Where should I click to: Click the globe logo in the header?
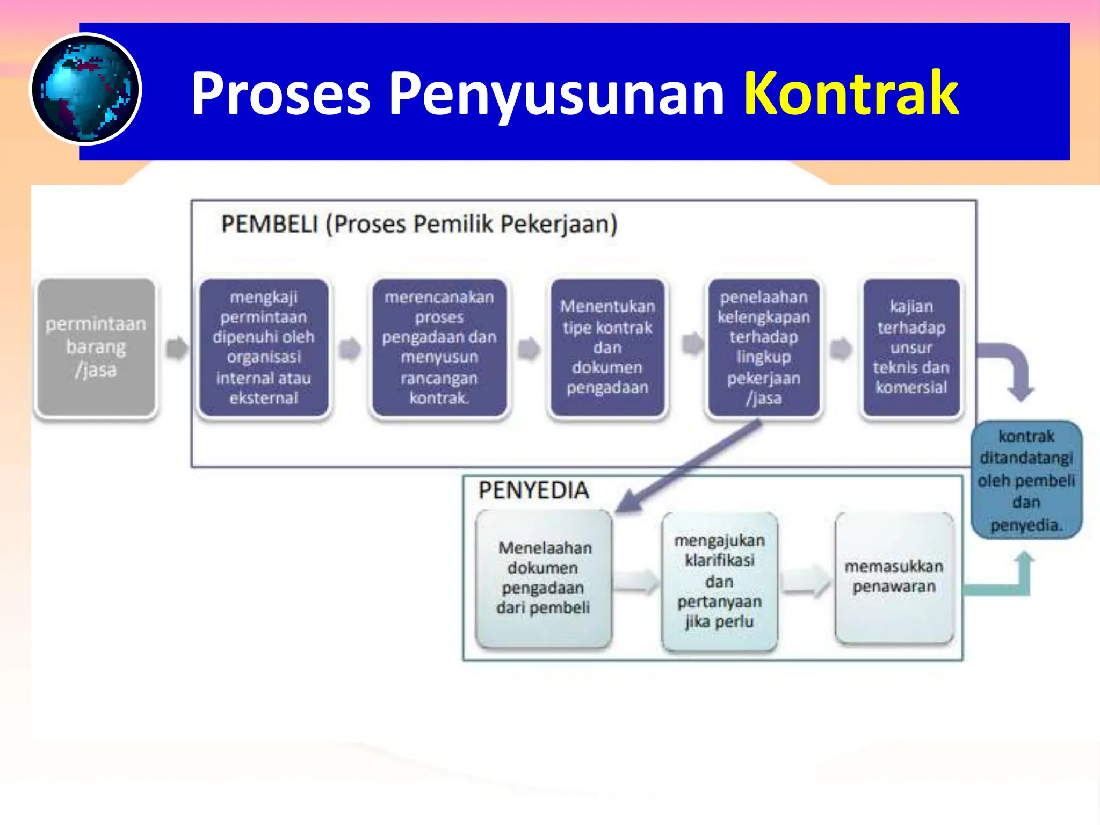click(x=85, y=89)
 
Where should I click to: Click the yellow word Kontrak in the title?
click(x=851, y=93)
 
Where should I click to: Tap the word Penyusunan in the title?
click(x=556, y=95)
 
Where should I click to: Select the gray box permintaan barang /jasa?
click(x=96, y=347)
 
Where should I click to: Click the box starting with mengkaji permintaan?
click(x=263, y=347)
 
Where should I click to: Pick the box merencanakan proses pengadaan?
click(x=439, y=347)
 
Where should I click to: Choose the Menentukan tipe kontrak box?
click(x=607, y=347)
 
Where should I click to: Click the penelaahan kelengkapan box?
click(x=763, y=347)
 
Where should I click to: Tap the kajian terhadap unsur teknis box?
click(x=911, y=347)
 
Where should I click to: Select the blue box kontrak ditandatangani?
click(x=1026, y=480)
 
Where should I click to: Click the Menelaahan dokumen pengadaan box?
click(x=544, y=578)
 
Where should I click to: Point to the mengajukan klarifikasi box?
click(x=719, y=581)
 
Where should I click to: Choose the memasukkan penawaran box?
click(x=894, y=577)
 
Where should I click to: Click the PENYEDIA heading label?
click(x=533, y=490)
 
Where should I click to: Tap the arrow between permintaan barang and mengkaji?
click(x=177, y=348)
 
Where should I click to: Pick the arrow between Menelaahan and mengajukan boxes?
click(x=636, y=582)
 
